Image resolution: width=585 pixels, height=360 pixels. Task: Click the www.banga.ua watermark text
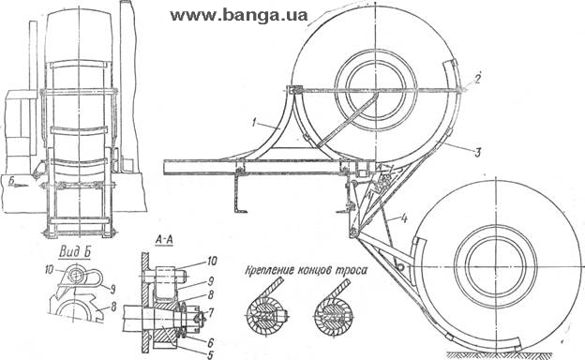tap(239, 16)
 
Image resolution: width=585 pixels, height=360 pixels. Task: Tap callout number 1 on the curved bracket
tap(254, 123)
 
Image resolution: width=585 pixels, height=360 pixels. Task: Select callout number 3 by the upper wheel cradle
tap(477, 152)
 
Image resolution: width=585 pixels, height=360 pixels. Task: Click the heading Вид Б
tap(75, 252)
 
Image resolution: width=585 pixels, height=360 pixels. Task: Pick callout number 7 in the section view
tap(211, 312)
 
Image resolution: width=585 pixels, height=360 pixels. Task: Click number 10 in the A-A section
tap(211, 261)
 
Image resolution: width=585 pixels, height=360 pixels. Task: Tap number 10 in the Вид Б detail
tap(50, 269)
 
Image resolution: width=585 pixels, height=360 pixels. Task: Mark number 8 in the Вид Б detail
tap(113, 307)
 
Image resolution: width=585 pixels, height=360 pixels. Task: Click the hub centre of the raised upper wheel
tap(376, 90)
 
